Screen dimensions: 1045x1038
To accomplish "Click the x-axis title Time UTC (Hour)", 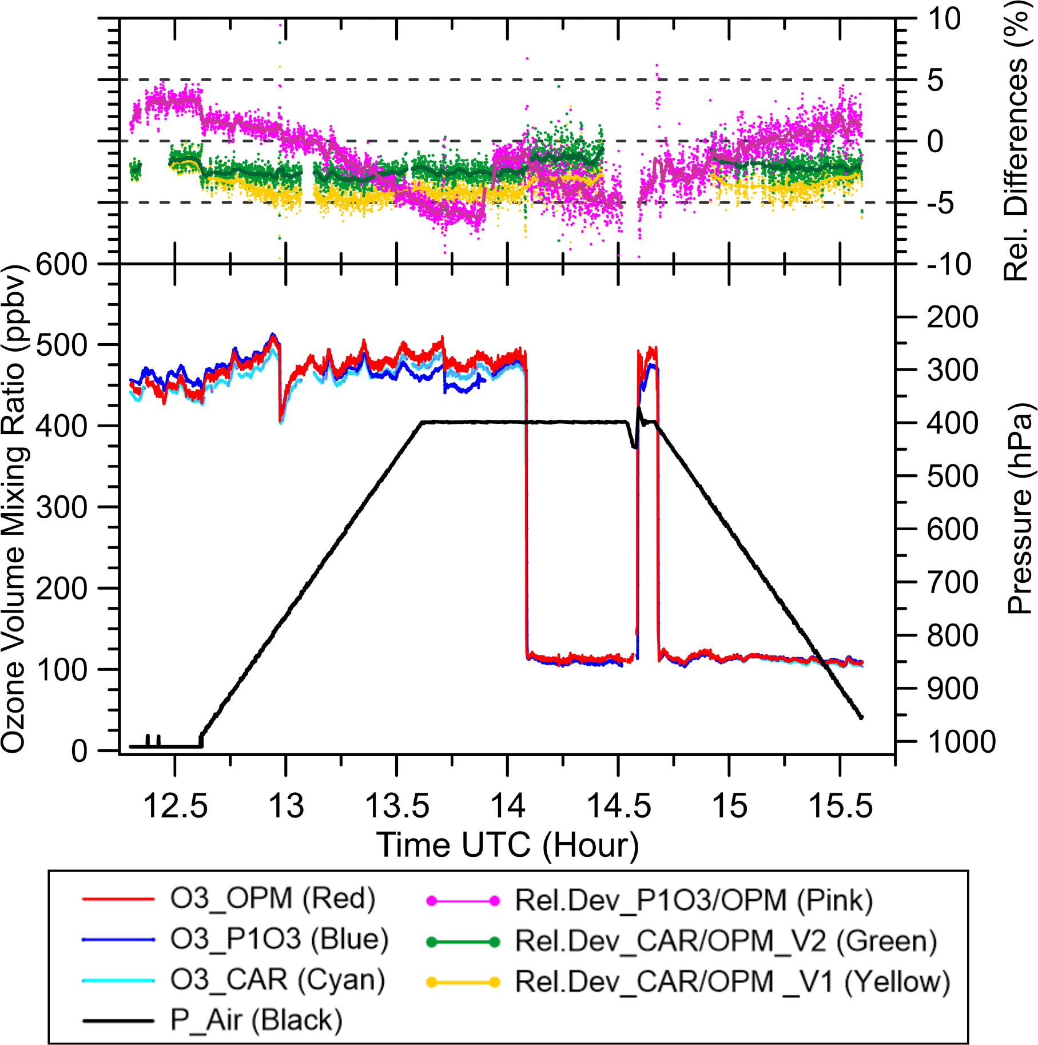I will (507, 845).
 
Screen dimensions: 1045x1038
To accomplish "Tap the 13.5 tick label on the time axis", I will (397, 806).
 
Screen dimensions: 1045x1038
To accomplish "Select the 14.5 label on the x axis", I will (619, 806).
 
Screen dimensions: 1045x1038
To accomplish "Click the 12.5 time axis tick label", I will (175, 806).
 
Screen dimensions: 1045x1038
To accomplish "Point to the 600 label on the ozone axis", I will (62, 265).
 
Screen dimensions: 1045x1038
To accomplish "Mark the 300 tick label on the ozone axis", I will (62, 507).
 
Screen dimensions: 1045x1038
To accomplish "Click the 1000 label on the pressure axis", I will (961, 742).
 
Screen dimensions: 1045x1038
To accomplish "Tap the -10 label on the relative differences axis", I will (949, 265).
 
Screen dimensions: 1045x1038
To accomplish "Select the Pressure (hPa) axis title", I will (1020, 509).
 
